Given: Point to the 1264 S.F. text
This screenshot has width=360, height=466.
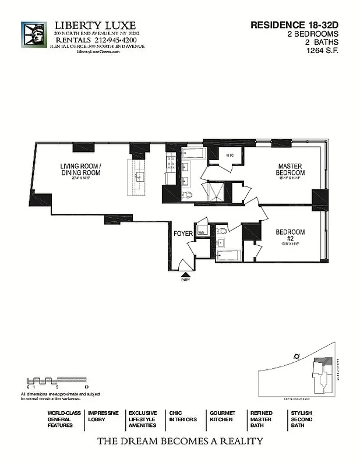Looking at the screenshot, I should pos(323,51).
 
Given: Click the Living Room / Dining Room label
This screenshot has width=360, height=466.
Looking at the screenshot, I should pos(81,169).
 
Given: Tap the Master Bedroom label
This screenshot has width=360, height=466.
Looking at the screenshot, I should pos(290,170).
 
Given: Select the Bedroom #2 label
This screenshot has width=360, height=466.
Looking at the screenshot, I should pos(290,236).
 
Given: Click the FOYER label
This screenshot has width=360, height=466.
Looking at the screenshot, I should pos(183,234).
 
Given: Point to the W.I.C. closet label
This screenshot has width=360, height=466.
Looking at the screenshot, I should pos(230,155).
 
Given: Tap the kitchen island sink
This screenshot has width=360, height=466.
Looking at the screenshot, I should pos(140,175).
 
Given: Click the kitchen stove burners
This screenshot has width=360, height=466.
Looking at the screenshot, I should pos(171,163).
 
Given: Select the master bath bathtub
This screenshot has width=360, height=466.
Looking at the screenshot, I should pos(192,154).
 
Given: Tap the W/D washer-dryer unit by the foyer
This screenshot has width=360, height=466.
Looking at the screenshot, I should pos(202,231).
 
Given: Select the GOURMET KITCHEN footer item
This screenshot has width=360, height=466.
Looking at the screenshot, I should pos(221,416).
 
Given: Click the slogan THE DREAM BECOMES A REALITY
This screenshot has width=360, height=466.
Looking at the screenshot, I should pos(180,441).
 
